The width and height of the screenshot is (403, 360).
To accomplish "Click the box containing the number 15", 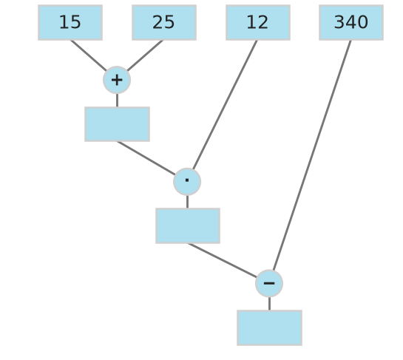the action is point(70,23).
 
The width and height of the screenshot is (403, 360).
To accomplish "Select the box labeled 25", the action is point(164,23).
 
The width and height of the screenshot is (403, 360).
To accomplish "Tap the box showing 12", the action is point(258,23).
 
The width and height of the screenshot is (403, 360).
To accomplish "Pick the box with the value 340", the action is point(351,23).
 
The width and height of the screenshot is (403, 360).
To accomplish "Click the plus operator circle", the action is point(117,80).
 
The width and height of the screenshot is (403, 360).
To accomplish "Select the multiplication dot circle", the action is point(187,182).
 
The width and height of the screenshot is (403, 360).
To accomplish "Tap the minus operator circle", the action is point(269,283).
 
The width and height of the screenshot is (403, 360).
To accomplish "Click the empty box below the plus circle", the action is point(117,124).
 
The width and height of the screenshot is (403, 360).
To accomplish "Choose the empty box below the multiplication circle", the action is point(188,226).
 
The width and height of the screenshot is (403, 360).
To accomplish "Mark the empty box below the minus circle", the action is point(269,328).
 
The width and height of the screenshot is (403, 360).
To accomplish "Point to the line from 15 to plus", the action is point(89,55).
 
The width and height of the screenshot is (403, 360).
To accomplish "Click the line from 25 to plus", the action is point(145,55).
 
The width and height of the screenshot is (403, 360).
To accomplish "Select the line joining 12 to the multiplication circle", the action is point(225,105).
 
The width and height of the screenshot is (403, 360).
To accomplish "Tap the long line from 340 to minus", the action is point(312,155).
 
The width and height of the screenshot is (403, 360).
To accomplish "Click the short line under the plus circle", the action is point(117,101).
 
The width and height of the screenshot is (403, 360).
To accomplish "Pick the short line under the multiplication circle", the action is point(187,202).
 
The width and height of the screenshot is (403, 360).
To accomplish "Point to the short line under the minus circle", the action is point(269,304).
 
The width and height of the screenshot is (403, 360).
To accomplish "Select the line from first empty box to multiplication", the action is point(146,158).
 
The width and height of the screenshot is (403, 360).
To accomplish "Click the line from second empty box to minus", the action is point(223,260).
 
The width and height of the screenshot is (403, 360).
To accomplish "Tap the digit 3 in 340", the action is point(339,22).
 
